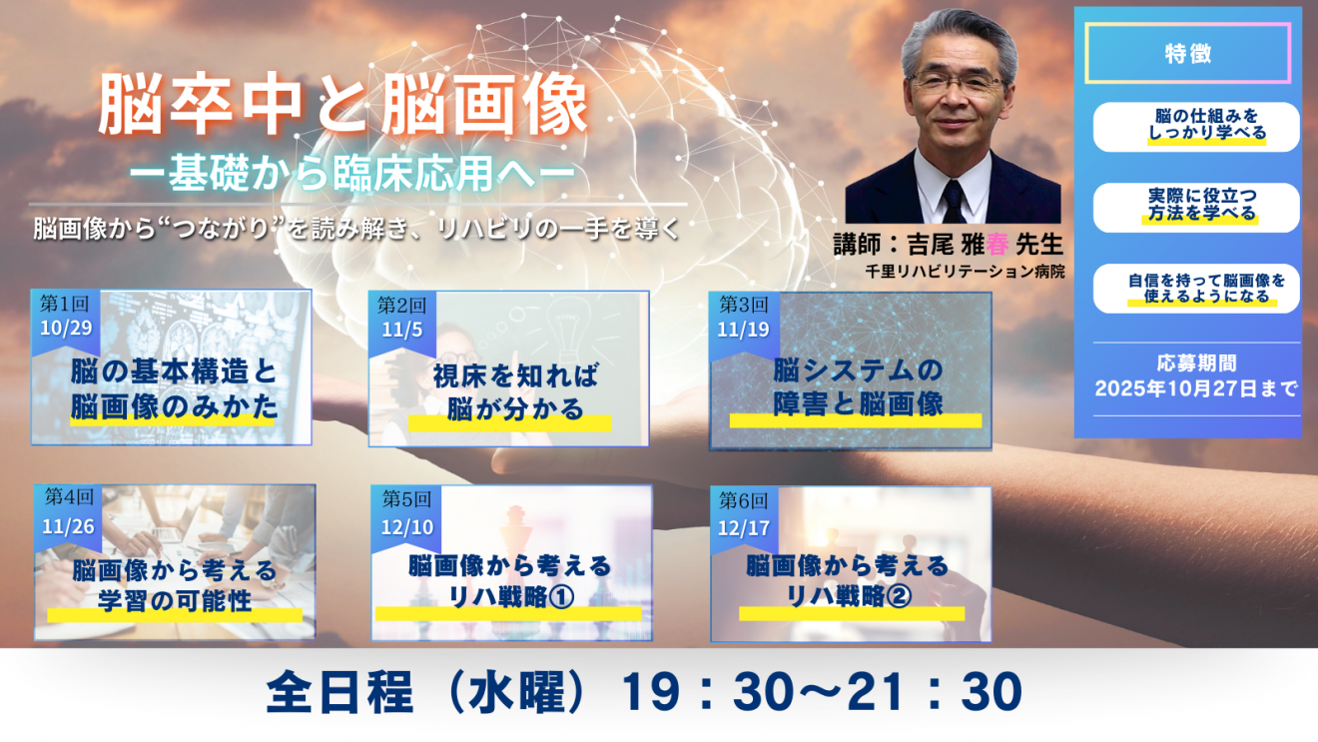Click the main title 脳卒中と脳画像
point(343,105)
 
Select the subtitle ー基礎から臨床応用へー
point(351,173)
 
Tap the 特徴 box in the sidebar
point(1188,54)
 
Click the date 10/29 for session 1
point(66,328)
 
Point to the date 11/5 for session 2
point(401,330)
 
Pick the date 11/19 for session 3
point(743,330)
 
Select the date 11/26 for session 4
point(68,526)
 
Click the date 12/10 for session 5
point(407,527)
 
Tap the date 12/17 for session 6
point(744,528)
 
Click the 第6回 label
point(744,500)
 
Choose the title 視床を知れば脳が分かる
point(515,392)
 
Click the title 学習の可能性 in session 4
point(175,601)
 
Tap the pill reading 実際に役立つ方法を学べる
point(1196,207)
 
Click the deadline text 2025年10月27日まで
point(1196,388)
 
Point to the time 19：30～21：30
point(822,692)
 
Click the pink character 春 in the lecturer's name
point(996,245)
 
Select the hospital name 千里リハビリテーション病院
point(965,272)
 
